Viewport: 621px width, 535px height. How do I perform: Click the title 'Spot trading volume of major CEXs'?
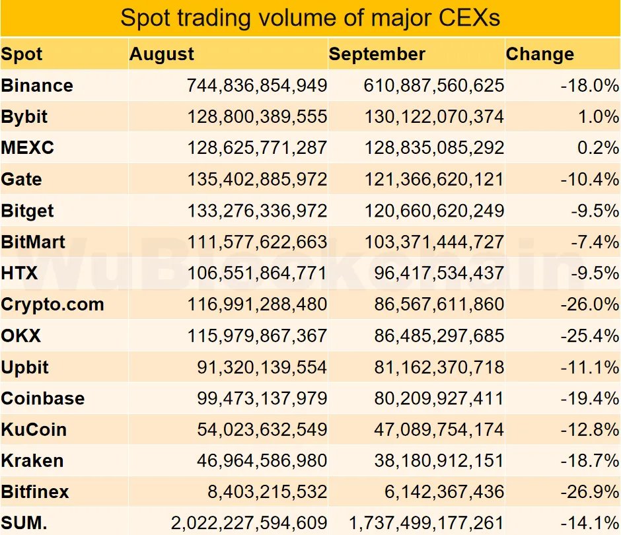(x=310, y=18)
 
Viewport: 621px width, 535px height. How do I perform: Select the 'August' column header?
(x=162, y=54)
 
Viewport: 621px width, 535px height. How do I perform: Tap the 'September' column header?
(x=377, y=54)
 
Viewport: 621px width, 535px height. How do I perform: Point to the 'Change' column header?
(x=540, y=54)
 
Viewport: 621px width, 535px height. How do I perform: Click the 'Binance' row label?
(x=37, y=85)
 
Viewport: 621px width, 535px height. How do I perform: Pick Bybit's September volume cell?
(x=434, y=117)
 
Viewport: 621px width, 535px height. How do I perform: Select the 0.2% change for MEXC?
(x=597, y=148)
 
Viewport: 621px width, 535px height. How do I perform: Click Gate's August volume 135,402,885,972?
(x=257, y=179)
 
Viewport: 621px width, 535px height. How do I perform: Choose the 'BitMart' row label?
(x=33, y=242)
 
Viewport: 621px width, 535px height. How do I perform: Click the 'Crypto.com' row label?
(x=52, y=304)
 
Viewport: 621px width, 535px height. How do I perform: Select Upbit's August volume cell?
(x=262, y=367)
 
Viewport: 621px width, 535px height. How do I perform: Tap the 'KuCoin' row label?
(x=34, y=429)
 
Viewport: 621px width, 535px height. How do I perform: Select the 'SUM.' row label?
(x=24, y=523)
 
